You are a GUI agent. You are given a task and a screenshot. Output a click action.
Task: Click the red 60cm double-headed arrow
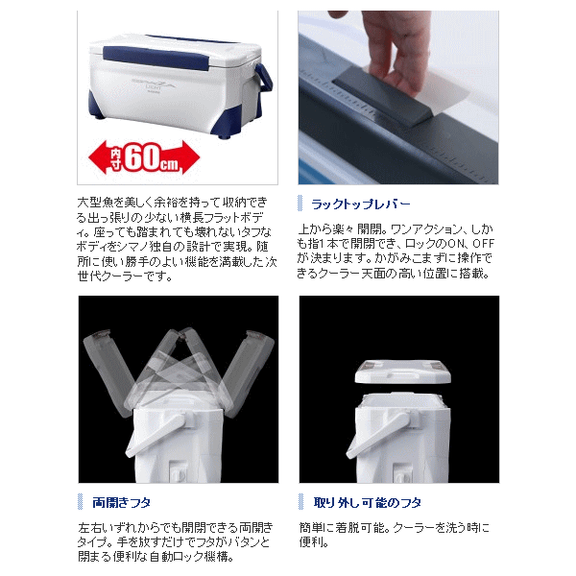click(144, 158)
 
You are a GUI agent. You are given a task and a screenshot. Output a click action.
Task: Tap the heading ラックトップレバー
click(360, 204)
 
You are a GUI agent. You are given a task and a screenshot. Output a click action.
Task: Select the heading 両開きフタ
click(122, 502)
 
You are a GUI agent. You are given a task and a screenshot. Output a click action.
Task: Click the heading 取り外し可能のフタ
click(368, 502)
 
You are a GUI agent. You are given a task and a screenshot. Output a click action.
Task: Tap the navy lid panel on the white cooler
click(154, 59)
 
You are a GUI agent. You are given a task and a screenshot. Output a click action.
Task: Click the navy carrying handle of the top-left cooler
click(264, 79)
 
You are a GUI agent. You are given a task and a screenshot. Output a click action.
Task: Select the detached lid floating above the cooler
click(402, 372)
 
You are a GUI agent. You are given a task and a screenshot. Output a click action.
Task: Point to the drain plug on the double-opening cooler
click(179, 473)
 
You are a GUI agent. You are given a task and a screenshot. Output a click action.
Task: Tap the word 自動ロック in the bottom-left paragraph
click(188, 557)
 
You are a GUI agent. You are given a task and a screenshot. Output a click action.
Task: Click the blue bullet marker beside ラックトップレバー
click(300, 204)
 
